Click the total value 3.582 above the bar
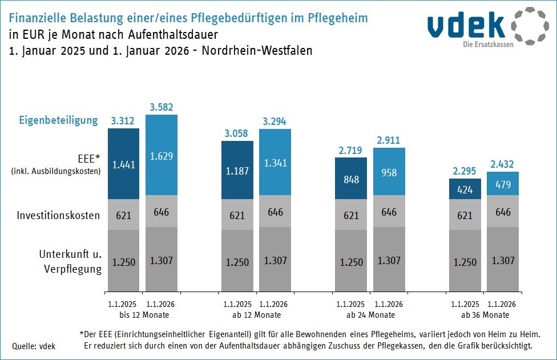[161, 107]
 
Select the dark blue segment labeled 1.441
[123, 164]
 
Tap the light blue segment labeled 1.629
[161, 156]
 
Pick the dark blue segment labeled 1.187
[237, 171]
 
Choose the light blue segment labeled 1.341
[275, 163]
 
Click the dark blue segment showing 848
[351, 179]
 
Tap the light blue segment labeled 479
[502, 184]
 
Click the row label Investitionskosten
[58, 215]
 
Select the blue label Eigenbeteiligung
[58, 120]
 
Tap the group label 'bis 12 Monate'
[142, 315]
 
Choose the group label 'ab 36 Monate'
[484, 315]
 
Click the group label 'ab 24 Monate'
[370, 315]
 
